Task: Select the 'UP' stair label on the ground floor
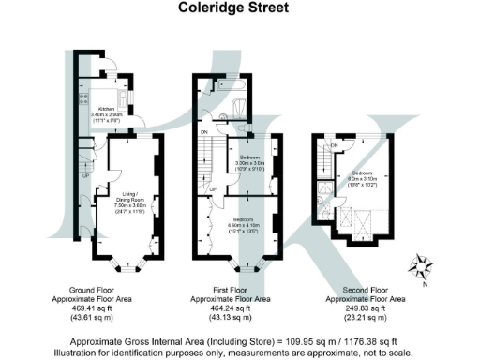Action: [x=85, y=175]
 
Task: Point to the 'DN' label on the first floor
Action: [x=205, y=132]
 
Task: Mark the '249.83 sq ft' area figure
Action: [x=366, y=307]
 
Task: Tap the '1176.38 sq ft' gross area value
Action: [x=361, y=341]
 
